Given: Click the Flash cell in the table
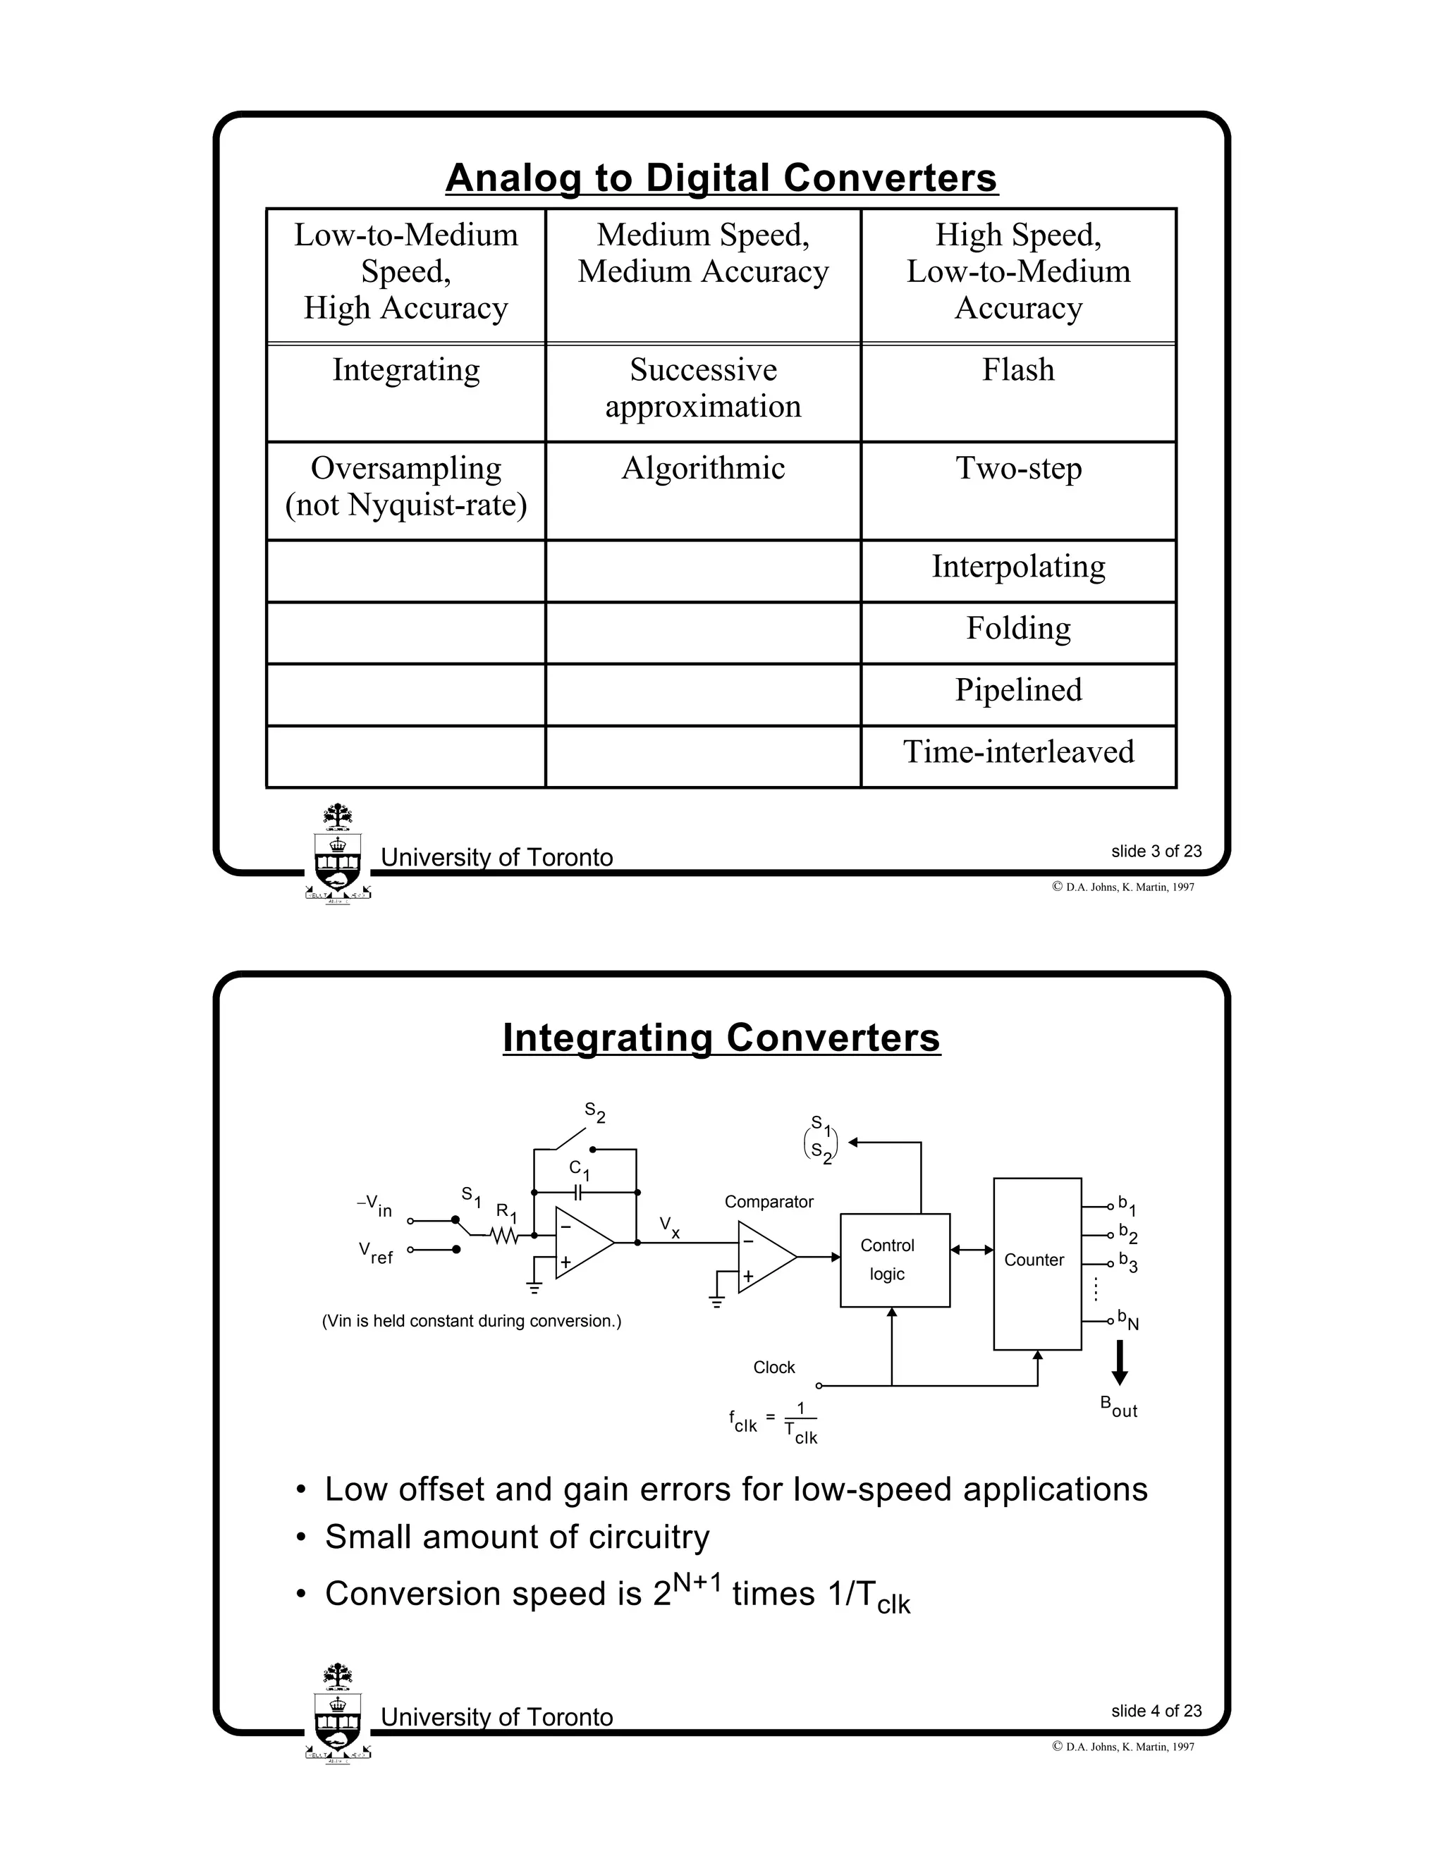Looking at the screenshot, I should (1018, 392).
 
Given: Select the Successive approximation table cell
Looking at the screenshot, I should (702, 392).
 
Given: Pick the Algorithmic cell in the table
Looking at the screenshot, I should (702, 489).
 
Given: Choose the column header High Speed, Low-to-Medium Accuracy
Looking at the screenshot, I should (1018, 272).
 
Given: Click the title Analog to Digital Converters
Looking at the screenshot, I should (721, 178).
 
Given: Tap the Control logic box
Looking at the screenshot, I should (894, 1260).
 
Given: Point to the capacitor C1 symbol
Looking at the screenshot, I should (579, 1191).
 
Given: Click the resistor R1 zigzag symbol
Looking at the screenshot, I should (505, 1235).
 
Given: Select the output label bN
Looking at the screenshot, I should (1128, 1320).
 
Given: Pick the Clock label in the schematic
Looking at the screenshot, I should (773, 1368).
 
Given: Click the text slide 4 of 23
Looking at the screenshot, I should (1156, 1711).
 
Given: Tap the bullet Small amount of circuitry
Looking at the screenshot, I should (517, 1537).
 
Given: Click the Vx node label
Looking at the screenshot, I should (670, 1227).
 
